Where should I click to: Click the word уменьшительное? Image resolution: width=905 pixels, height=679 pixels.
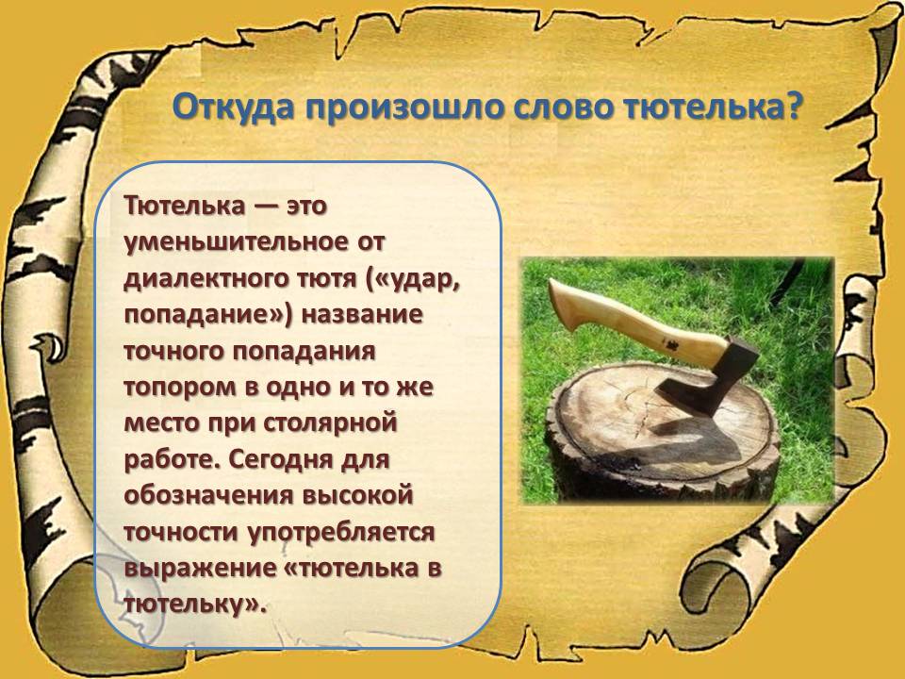[237, 242]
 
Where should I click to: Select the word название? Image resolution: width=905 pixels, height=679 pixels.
[362, 315]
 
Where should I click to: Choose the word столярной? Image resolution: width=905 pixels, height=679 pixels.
[330, 423]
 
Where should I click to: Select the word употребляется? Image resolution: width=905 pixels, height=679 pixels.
[341, 533]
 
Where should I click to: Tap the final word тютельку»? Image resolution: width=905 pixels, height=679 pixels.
[196, 604]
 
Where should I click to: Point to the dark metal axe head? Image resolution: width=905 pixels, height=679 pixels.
[709, 375]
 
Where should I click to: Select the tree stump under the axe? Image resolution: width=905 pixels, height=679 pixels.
[662, 433]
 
